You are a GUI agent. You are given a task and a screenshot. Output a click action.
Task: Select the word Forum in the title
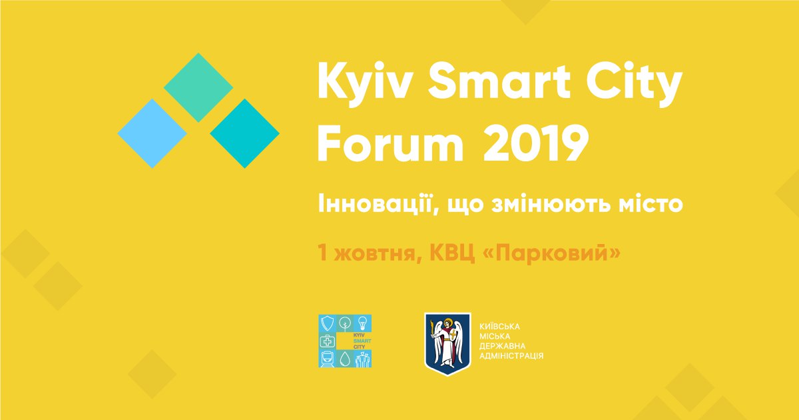coord(391,143)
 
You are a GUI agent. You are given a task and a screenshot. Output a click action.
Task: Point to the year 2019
coord(535,143)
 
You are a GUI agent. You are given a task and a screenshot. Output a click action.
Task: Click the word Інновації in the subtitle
coord(374,203)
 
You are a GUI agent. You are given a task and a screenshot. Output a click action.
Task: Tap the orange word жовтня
coord(376,253)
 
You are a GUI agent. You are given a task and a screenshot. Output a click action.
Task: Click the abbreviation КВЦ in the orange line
coord(452,253)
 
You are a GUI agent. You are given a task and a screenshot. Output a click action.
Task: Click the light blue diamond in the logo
coord(152,133)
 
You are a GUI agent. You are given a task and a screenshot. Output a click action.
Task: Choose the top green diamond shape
coord(198,87)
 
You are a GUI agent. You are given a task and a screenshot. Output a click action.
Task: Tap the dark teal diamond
coord(245,133)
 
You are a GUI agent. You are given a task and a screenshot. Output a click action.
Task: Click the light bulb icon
coord(363,323)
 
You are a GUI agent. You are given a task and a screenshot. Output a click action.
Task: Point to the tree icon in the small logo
coord(345,323)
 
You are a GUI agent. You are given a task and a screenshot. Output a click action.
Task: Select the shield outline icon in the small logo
coord(328,323)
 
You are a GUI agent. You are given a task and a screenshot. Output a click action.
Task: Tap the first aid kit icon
coord(328,341)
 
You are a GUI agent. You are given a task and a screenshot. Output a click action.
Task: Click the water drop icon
coord(345,359)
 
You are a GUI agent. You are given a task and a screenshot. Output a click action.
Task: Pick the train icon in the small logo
coord(327,359)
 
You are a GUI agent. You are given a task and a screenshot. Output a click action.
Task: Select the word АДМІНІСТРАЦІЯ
coord(511,356)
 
